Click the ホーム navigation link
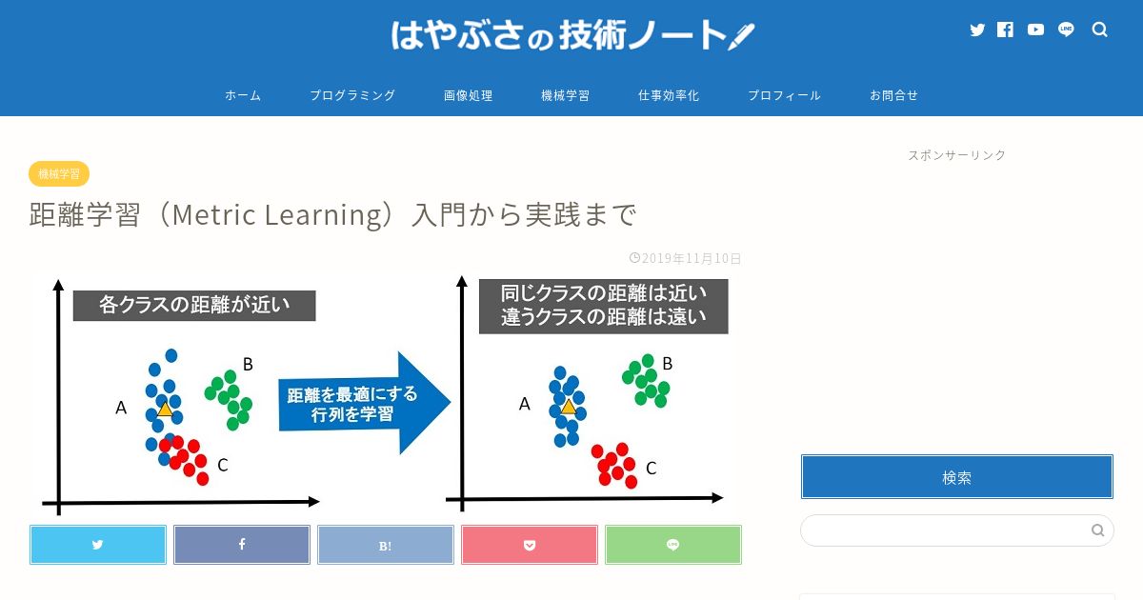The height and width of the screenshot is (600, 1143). click(243, 95)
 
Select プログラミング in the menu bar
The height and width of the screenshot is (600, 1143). click(352, 95)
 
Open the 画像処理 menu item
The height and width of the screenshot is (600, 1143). click(468, 95)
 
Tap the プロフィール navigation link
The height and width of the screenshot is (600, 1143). click(784, 95)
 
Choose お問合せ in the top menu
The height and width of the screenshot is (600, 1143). click(894, 95)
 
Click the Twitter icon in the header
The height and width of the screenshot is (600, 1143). click(977, 30)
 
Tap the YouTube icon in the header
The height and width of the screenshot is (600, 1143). click(1035, 30)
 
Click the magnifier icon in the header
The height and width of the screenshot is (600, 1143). click(1099, 30)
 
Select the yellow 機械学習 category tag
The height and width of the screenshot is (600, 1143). click(59, 174)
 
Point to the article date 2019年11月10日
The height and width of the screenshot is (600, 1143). click(685, 258)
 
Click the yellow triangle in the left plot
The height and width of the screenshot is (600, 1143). click(165, 410)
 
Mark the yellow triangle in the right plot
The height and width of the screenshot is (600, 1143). click(569, 407)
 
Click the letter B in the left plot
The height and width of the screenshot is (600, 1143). click(248, 364)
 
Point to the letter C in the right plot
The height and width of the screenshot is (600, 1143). click(652, 469)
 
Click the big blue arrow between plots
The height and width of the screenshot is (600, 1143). click(364, 403)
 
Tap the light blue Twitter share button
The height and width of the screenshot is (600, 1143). click(98, 545)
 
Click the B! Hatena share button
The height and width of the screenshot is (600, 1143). click(386, 545)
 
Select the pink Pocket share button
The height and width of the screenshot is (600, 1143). click(530, 545)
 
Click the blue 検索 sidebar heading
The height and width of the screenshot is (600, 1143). click(957, 477)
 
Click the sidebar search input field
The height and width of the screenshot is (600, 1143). click(944, 530)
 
